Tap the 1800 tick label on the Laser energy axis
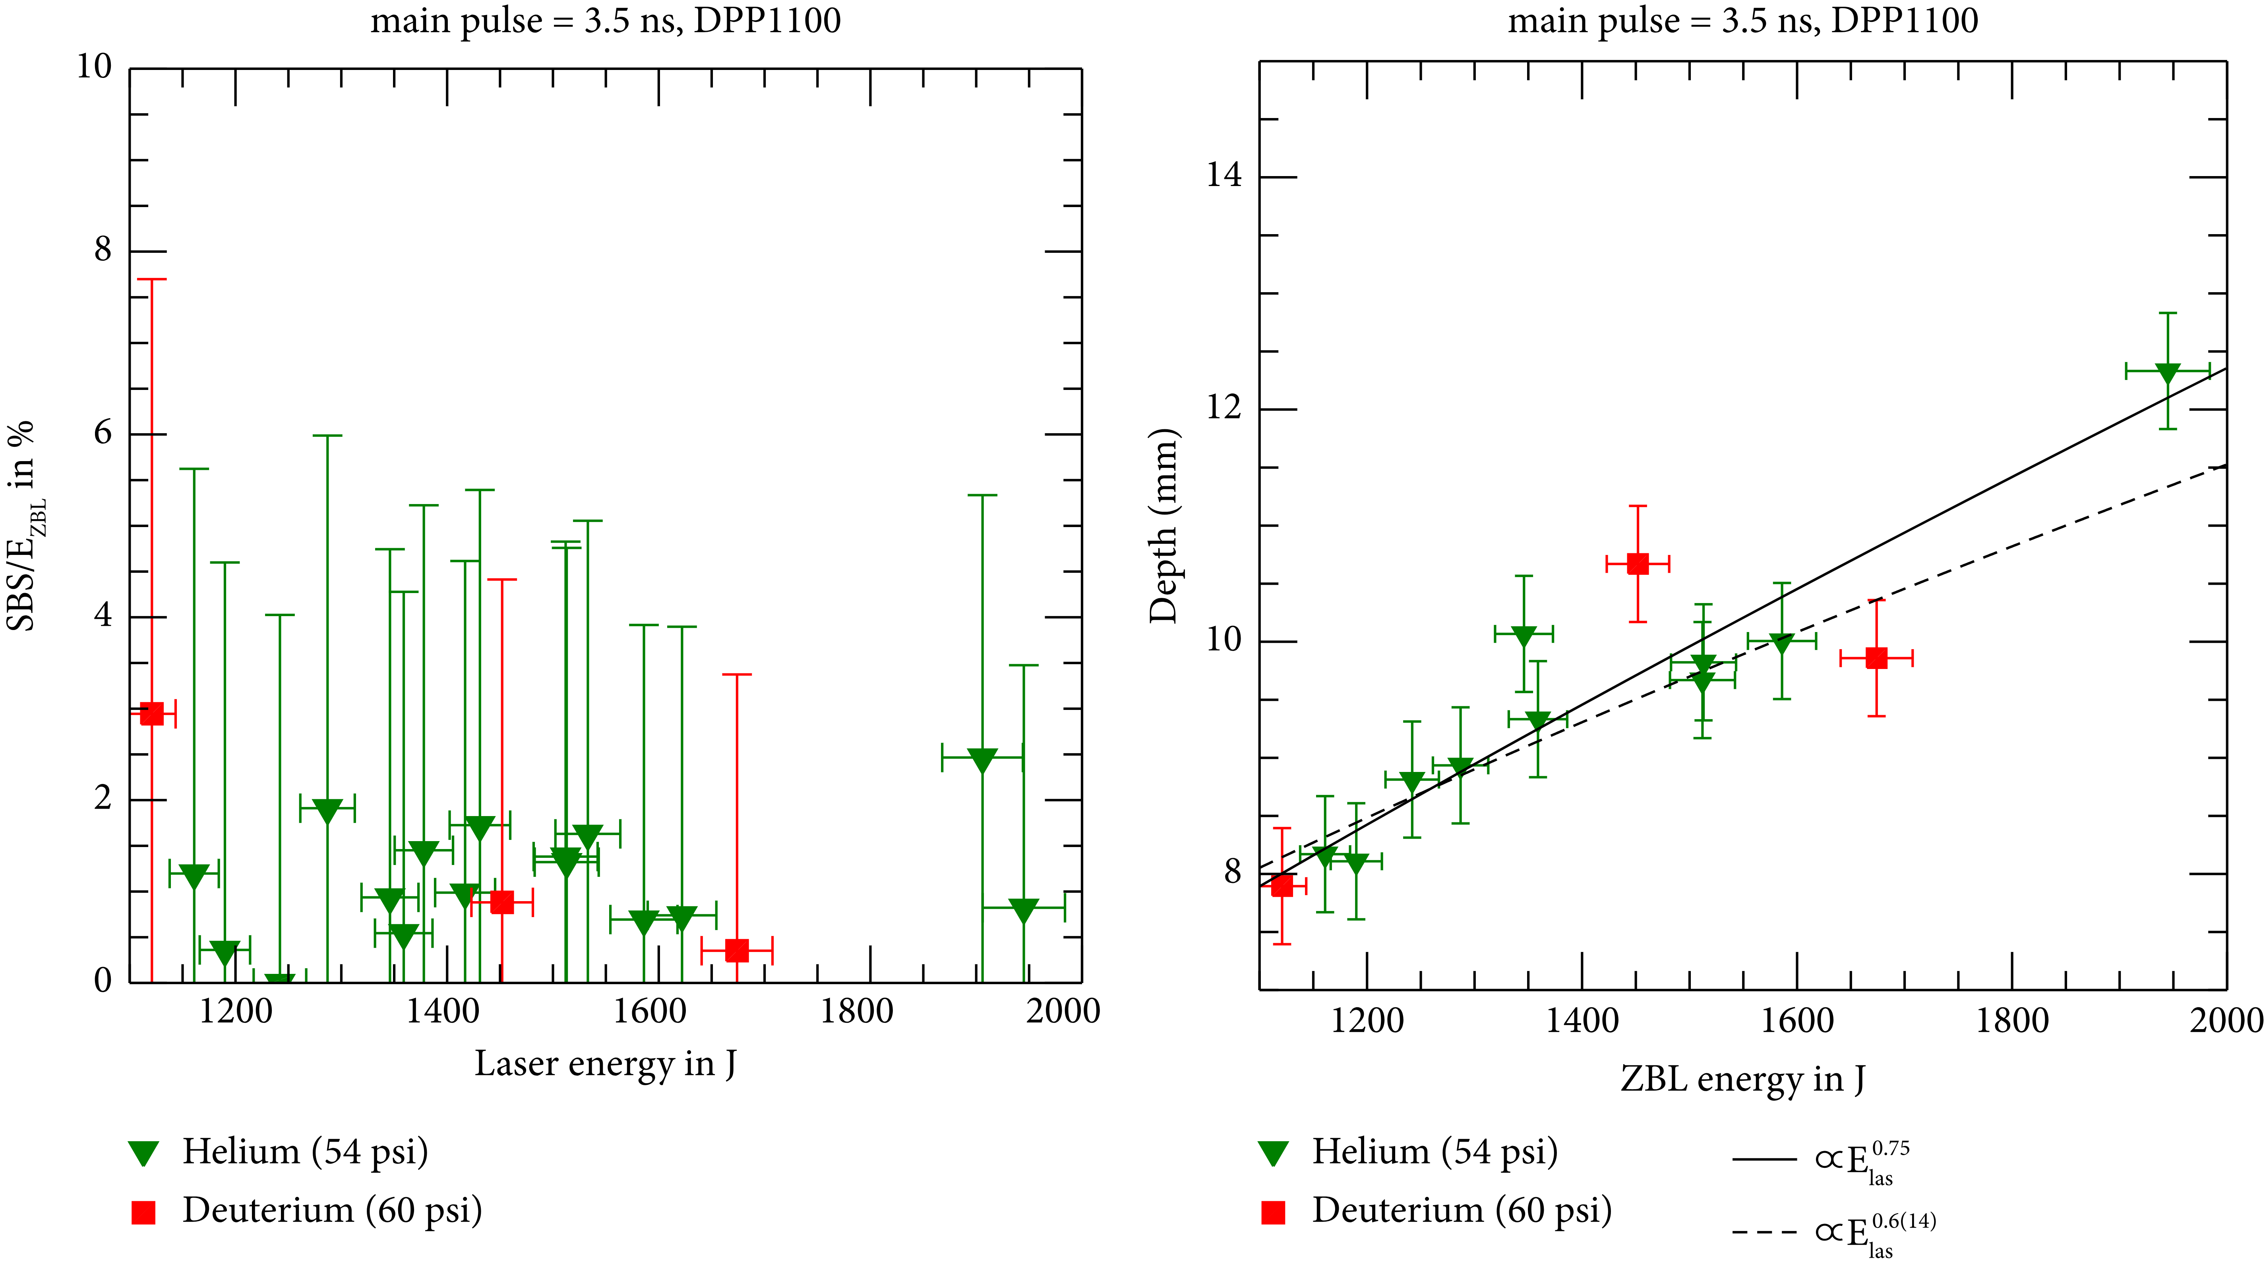tap(856, 1012)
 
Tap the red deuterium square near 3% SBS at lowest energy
tap(152, 714)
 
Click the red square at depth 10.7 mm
tap(1637, 564)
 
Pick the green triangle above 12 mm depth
tap(2167, 373)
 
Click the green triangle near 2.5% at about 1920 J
tap(982, 760)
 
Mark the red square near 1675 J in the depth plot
tap(1876, 658)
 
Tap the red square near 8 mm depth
tap(1282, 886)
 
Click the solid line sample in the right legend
tap(1764, 1160)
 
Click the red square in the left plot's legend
tap(143, 1212)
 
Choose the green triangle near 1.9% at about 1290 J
tap(327, 810)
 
